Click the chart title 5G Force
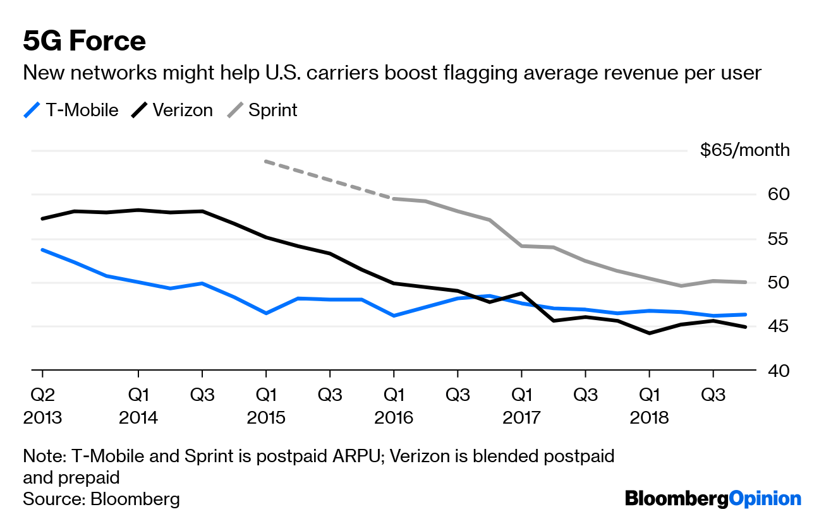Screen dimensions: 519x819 (84, 42)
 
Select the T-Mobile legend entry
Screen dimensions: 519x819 (71, 110)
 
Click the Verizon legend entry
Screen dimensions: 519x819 (172, 110)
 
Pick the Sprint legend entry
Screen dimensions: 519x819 (262, 110)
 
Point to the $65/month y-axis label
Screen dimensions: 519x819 (744, 150)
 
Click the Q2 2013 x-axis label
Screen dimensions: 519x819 (43, 407)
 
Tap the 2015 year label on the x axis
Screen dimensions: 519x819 (266, 418)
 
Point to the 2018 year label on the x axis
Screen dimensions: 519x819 (649, 418)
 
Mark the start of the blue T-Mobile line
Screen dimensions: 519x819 (42, 250)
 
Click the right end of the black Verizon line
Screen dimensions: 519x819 (746, 326)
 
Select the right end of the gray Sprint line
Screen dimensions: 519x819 (746, 282)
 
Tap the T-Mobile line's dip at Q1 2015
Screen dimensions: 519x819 (266, 313)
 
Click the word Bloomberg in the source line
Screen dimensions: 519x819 (135, 499)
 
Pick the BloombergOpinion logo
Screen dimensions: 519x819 (713, 499)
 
